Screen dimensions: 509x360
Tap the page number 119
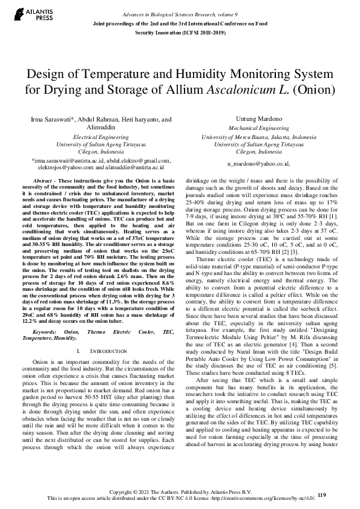pyautogui.click(x=321, y=495)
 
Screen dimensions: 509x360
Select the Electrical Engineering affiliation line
pyautogui.click(x=101, y=137)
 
